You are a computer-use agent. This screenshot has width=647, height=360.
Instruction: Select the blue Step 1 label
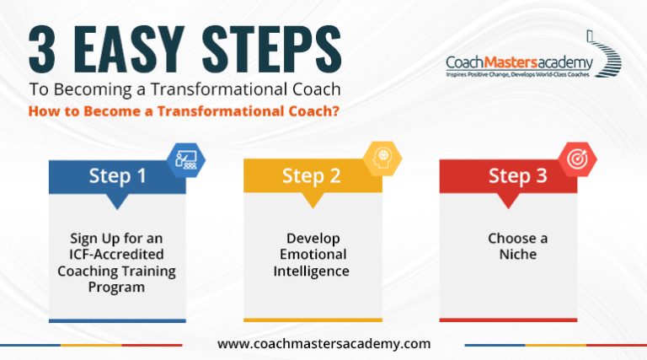[117, 176]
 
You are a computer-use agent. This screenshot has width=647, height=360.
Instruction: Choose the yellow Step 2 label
[312, 176]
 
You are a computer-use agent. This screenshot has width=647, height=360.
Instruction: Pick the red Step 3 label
[508, 176]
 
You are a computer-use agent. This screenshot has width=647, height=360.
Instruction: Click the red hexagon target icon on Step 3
[576, 159]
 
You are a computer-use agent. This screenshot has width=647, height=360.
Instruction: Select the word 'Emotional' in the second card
[312, 255]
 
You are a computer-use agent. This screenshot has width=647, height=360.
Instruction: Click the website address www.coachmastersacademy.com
[323, 344]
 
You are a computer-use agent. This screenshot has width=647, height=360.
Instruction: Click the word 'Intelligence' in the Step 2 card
[312, 271]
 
